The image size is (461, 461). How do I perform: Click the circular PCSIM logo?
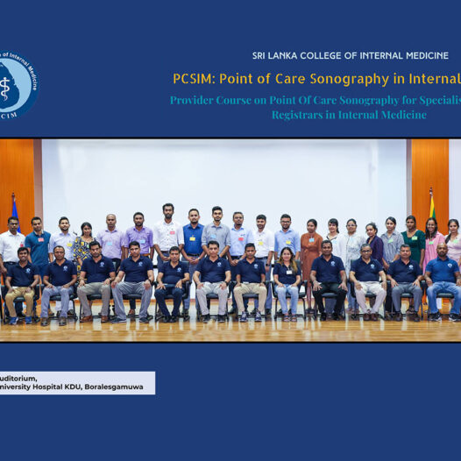pos(17,86)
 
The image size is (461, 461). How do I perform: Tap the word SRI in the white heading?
pos(261,55)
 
